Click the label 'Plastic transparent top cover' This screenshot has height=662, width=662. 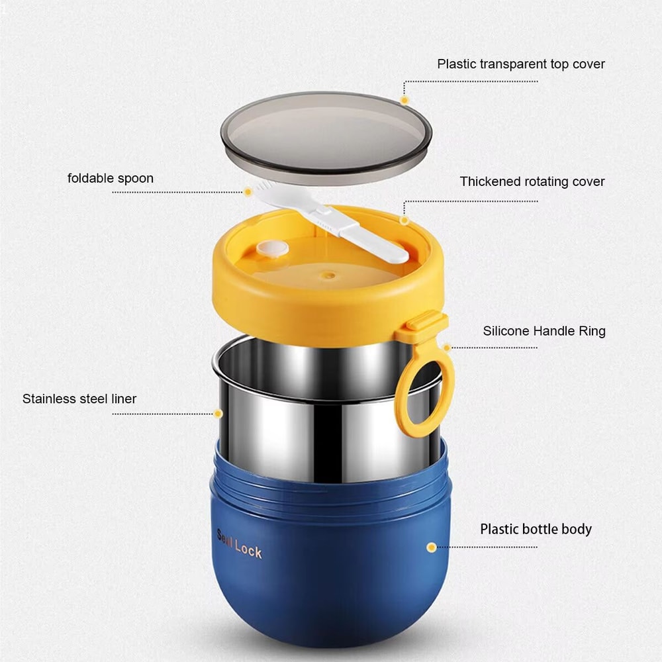click(520, 64)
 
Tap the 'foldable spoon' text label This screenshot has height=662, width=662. click(111, 178)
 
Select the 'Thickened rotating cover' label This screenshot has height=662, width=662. click(532, 181)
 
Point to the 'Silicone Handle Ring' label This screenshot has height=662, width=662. click(544, 331)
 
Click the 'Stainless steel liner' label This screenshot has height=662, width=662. click(79, 399)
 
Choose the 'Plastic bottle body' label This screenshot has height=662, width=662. click(536, 529)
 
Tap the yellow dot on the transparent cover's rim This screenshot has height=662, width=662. click(404, 100)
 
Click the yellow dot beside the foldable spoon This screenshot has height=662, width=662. click(248, 192)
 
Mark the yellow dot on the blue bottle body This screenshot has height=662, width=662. click(432, 547)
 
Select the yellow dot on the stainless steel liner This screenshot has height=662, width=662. click(218, 414)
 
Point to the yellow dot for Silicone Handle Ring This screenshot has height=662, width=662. click(447, 347)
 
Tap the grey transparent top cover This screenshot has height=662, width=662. click(326, 136)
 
